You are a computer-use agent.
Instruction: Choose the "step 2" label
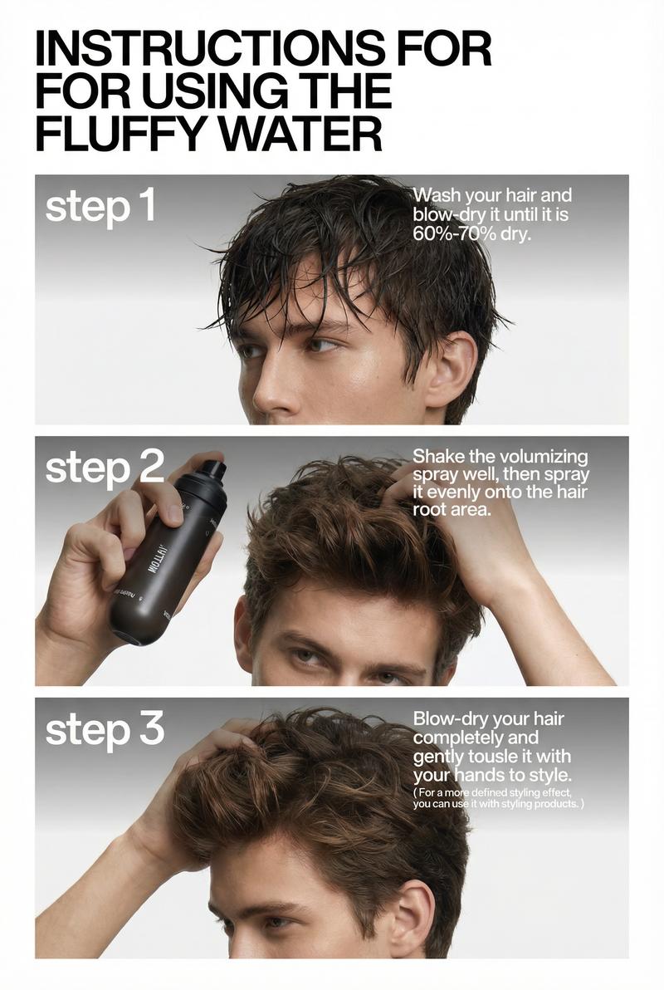point(105,469)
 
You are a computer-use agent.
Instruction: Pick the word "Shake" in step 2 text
point(440,457)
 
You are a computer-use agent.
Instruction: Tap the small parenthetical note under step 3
point(498,799)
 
